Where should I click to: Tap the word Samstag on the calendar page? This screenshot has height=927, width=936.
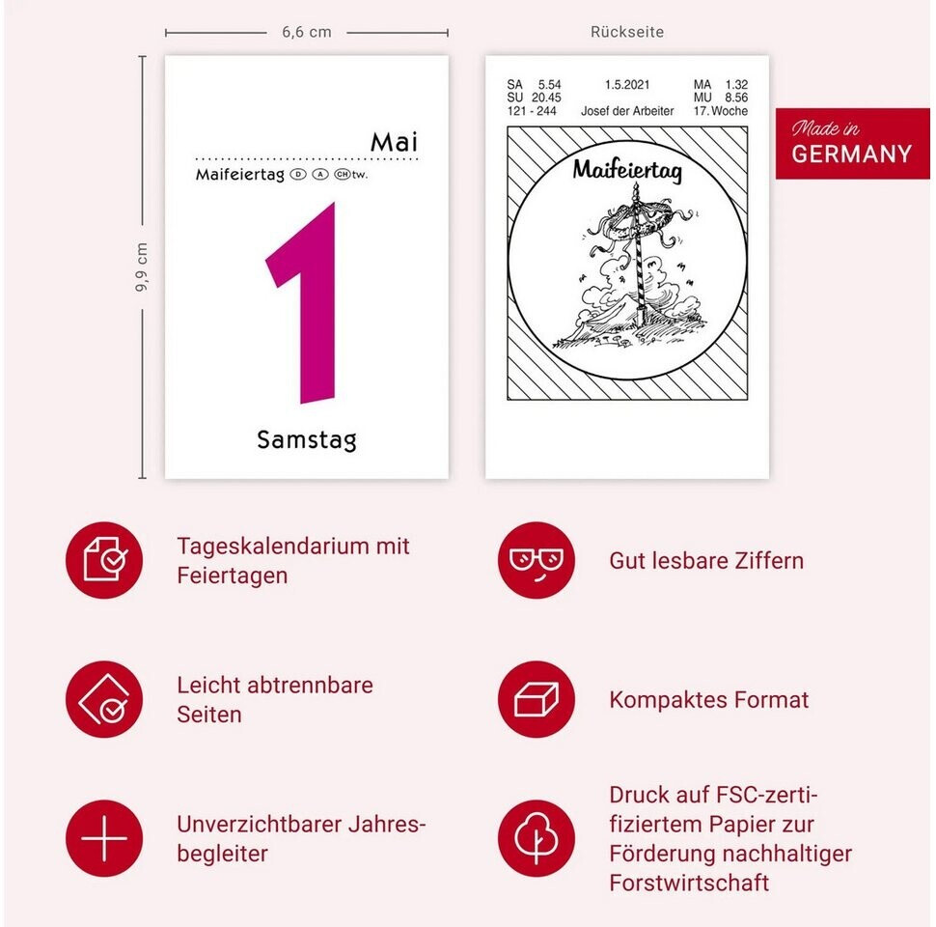click(307, 440)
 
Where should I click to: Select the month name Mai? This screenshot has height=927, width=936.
click(394, 142)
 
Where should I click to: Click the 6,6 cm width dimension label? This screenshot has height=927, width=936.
click(307, 32)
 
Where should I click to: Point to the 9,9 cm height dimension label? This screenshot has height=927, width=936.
click(142, 267)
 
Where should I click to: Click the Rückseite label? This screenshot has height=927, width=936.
click(627, 32)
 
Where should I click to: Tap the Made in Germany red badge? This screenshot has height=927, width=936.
click(852, 143)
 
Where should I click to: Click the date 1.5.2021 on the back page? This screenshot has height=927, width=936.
click(627, 85)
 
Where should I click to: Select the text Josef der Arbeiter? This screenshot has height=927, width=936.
click(627, 111)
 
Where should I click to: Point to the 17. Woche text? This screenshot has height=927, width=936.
click(721, 111)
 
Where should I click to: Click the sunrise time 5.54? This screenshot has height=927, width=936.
click(549, 85)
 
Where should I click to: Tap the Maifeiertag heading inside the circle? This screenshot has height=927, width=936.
click(627, 170)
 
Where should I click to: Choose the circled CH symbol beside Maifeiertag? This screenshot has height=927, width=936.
click(342, 175)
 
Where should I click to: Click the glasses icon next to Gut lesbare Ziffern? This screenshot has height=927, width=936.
click(537, 560)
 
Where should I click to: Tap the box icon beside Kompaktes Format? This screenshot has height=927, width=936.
click(537, 699)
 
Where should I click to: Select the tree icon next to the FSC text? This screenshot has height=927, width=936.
click(537, 838)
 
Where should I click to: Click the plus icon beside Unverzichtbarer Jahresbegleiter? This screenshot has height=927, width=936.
click(104, 838)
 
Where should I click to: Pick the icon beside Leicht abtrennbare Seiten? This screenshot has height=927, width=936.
click(104, 699)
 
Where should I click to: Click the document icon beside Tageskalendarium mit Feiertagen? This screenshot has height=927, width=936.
click(104, 560)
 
